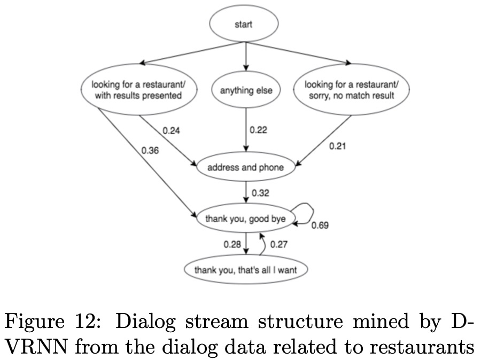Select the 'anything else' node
[x=246, y=90]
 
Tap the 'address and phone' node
[x=245, y=168]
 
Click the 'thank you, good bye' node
[x=246, y=218]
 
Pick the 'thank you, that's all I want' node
[x=245, y=270]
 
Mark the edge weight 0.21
[x=337, y=145]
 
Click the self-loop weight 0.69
[x=320, y=226]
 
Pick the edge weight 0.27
[x=278, y=245]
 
